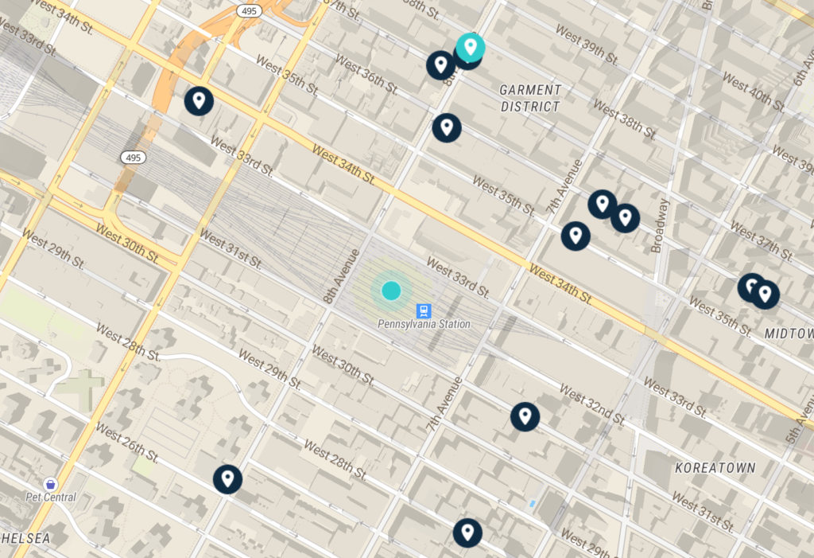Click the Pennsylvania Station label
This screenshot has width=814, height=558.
coord(424,324)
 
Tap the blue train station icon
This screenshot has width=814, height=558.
coord(424,310)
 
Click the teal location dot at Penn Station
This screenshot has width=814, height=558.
coord(390,290)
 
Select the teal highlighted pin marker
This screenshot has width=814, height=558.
coord(471,47)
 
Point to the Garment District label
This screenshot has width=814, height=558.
coord(530,98)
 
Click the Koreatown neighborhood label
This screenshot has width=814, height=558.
coord(715,467)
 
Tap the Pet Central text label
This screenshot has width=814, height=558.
coord(50,498)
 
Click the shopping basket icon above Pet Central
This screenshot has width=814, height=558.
coord(51,483)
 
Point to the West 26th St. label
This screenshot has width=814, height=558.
coord(127,442)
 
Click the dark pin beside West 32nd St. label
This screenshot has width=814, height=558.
coord(525,416)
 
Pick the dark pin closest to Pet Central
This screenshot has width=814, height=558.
coord(227,479)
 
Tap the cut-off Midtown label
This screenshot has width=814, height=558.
coord(789,333)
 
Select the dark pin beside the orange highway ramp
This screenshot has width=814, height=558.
coord(199,101)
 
